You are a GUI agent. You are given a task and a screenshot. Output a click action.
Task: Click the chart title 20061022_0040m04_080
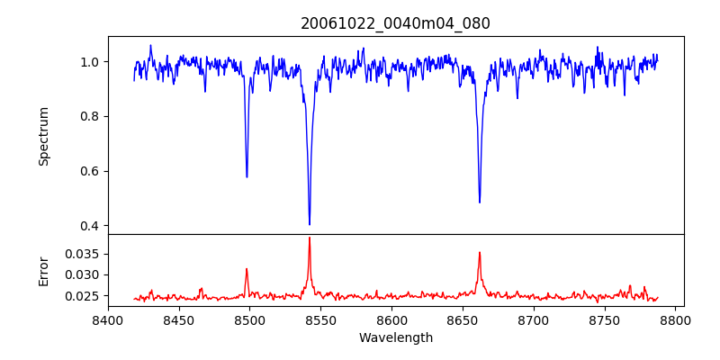[395, 24]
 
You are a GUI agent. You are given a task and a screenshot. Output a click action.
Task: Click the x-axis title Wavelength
[395, 338]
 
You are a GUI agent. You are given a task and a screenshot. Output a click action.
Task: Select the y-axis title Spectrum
[44, 136]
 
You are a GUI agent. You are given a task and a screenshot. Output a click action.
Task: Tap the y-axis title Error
[44, 270]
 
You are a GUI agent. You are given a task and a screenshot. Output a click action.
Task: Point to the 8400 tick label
[108, 319]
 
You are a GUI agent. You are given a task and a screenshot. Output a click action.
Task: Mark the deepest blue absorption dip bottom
[310, 224]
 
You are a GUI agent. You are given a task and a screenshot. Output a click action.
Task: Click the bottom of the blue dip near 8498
[247, 176]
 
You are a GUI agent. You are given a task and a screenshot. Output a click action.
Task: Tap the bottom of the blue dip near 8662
[480, 202]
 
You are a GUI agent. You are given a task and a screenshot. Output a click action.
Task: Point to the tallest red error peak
[310, 238]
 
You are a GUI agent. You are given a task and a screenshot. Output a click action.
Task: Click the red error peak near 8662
[480, 252]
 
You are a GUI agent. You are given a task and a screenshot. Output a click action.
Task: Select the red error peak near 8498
[247, 268]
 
